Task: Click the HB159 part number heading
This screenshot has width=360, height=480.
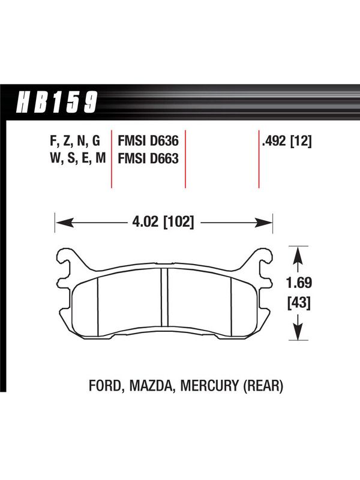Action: (x=56, y=102)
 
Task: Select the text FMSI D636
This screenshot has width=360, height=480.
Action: (x=148, y=141)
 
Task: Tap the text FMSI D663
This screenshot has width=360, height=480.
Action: (x=148, y=158)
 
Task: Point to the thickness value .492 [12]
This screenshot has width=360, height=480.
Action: (x=287, y=142)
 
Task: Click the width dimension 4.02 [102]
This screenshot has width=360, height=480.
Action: (x=163, y=221)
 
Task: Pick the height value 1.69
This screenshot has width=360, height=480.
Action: (x=299, y=283)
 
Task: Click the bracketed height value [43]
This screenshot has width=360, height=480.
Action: (x=299, y=303)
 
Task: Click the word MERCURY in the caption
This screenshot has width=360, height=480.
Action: (x=209, y=385)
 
